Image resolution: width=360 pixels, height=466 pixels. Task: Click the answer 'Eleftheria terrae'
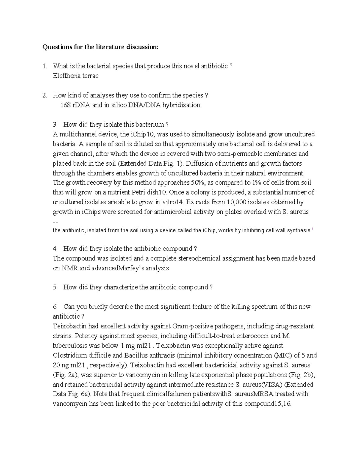75,76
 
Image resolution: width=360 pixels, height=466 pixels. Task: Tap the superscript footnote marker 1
313,230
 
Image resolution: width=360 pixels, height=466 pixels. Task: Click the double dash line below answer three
55,222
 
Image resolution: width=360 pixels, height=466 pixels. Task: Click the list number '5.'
55,287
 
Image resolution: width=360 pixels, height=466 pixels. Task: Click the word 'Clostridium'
68,356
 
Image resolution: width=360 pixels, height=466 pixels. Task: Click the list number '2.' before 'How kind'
44,95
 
